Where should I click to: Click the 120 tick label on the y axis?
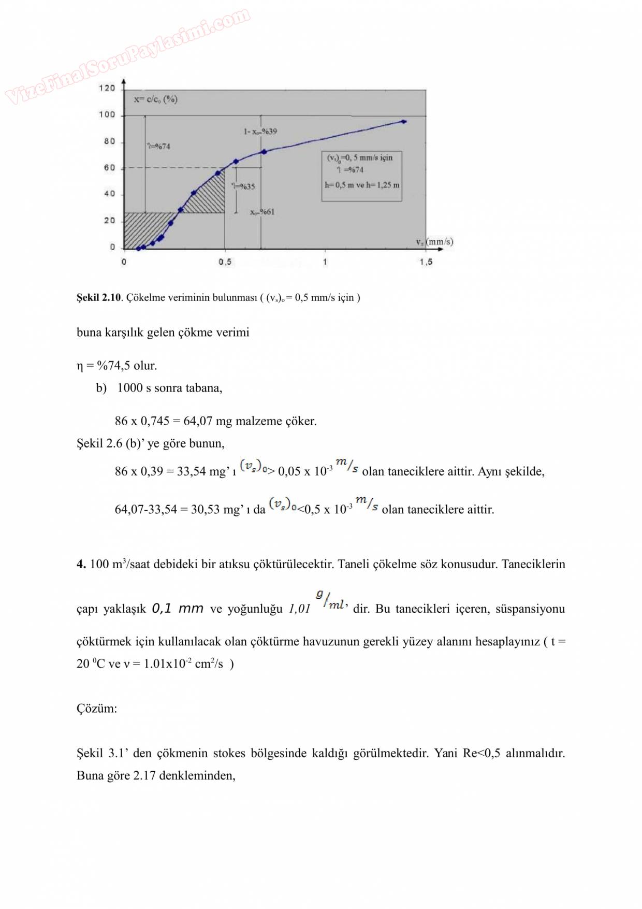(107, 88)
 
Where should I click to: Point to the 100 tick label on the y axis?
(107, 114)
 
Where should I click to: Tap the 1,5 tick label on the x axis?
(426, 262)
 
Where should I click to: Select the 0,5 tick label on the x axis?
(225, 262)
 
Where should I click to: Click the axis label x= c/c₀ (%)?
(156, 99)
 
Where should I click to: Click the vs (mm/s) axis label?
(434, 242)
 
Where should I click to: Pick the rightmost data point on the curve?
(404, 122)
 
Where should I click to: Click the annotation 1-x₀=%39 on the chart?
(260, 132)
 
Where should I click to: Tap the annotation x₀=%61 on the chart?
(262, 212)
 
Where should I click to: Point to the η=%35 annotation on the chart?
(243, 186)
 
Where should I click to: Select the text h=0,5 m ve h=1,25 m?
(362, 185)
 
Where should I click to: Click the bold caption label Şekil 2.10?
(98, 298)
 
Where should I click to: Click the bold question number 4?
(81, 565)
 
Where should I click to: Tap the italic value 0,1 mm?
(177, 609)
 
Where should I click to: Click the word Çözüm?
(97, 709)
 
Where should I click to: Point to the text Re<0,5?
(481, 754)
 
